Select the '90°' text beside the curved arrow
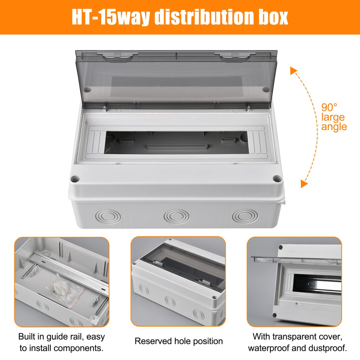(x=329, y=107)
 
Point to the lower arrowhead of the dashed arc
(x=304, y=184)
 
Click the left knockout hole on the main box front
(x=108, y=216)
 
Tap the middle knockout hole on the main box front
(x=176, y=216)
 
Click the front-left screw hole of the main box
(x=75, y=179)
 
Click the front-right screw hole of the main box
(x=277, y=178)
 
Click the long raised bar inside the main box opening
(x=177, y=147)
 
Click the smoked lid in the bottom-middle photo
(x=182, y=268)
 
